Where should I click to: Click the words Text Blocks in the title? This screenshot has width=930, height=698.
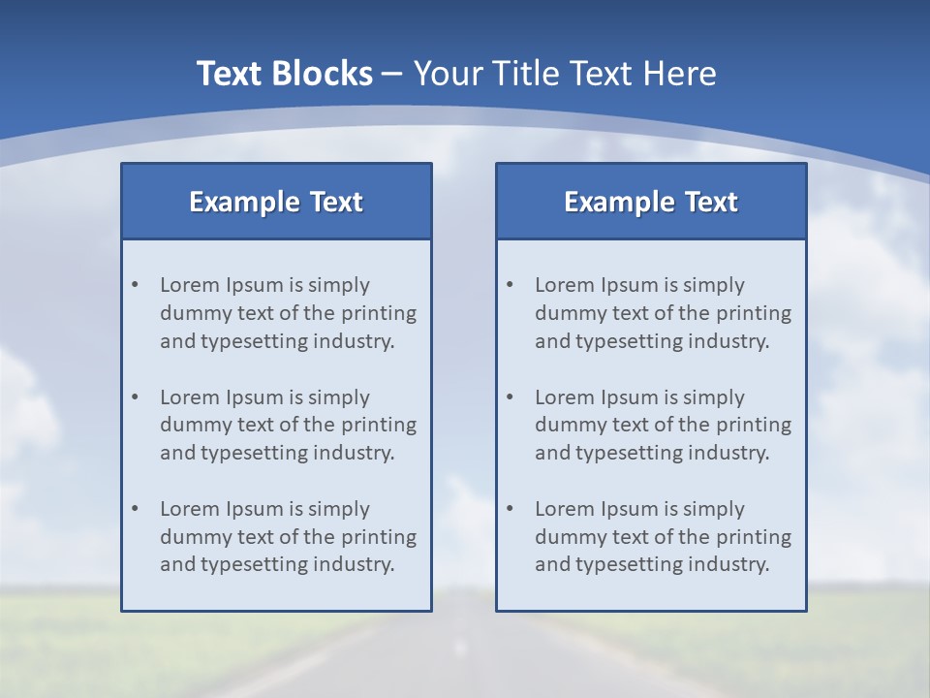tap(284, 74)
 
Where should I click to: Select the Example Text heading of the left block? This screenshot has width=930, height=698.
tap(276, 202)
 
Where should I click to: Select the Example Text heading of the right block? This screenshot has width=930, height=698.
tap(651, 202)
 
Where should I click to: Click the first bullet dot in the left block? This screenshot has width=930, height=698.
tap(135, 285)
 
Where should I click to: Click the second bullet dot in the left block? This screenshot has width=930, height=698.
tap(135, 397)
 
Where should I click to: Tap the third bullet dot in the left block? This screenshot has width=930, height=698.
tap(135, 509)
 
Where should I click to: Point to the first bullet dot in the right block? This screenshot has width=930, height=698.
tap(510, 285)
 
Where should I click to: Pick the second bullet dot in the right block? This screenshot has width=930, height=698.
tap(510, 397)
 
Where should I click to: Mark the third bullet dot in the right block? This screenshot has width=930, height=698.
tap(510, 509)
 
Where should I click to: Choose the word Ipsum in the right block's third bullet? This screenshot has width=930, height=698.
tap(629, 509)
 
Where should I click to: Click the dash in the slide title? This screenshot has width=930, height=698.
tap(392, 74)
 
